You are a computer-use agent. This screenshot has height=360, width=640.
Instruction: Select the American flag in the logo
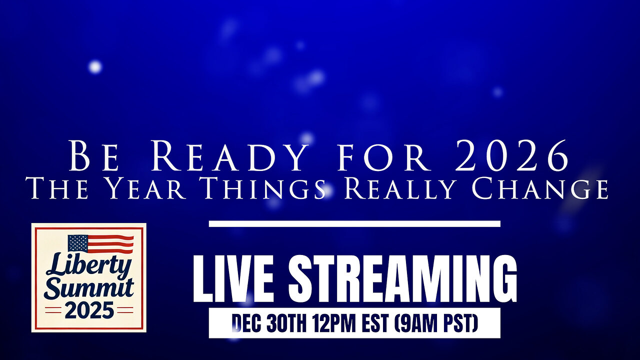pyautogui.click(x=100, y=243)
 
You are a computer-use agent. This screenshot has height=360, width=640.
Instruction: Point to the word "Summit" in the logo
pyautogui.click(x=89, y=288)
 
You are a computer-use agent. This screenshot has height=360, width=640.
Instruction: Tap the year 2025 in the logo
pyautogui.click(x=88, y=310)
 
